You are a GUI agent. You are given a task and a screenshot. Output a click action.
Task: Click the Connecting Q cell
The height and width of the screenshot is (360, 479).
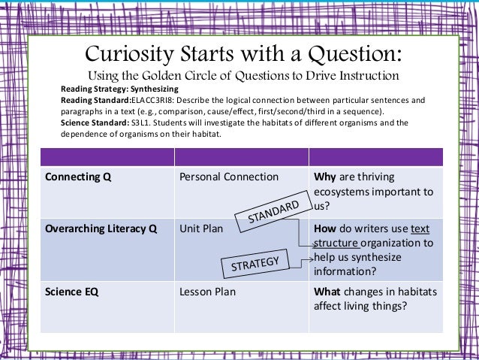(74, 177)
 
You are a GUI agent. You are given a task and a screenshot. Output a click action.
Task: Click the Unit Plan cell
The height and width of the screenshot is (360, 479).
(201, 229)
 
